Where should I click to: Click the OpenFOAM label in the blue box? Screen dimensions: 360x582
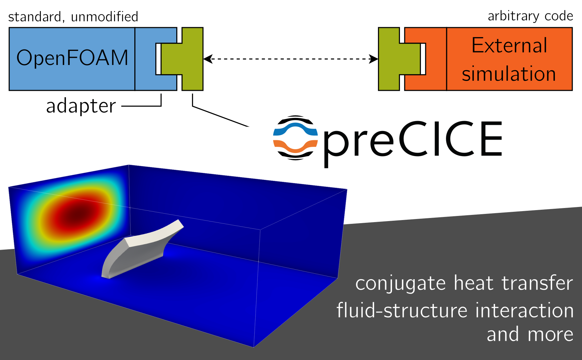[x=72, y=58]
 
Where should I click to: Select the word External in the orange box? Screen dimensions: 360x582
[x=509, y=45]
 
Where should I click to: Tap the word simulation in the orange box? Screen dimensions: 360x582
[x=509, y=74]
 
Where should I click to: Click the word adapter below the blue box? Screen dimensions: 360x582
[x=81, y=106]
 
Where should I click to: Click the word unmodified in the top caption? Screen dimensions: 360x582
[x=104, y=17]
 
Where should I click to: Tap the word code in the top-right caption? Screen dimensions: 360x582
[x=559, y=16]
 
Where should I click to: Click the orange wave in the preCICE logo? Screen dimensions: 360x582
[x=295, y=146]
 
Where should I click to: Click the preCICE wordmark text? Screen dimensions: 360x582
[x=412, y=139]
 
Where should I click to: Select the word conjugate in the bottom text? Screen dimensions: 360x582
[x=401, y=284]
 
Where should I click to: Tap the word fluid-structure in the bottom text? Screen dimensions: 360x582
[x=402, y=310]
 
